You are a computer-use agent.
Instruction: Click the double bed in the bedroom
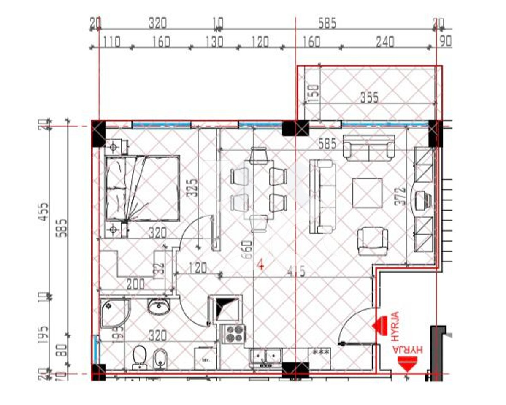(142, 189)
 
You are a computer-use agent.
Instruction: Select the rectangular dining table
(258, 189)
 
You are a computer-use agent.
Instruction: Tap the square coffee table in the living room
(367, 193)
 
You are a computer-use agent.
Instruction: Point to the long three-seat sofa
(324, 197)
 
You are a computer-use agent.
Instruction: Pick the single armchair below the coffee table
(372, 241)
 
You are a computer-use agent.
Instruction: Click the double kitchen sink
(266, 357)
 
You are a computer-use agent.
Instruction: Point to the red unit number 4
(260, 265)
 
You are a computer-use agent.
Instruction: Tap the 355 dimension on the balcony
(369, 97)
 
